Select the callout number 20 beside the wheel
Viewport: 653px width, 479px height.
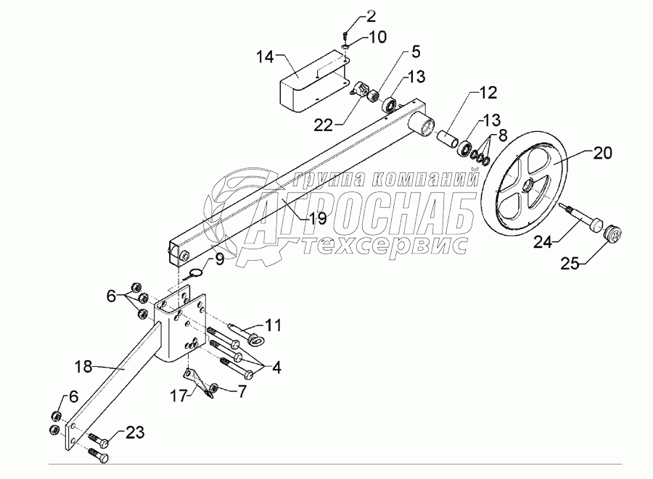point(601,153)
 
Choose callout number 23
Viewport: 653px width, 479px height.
point(134,433)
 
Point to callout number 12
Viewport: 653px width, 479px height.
point(487,92)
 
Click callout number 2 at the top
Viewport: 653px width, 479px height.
point(350,15)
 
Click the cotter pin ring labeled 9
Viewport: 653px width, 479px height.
point(193,274)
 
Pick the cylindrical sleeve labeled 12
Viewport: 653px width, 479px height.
point(445,138)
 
